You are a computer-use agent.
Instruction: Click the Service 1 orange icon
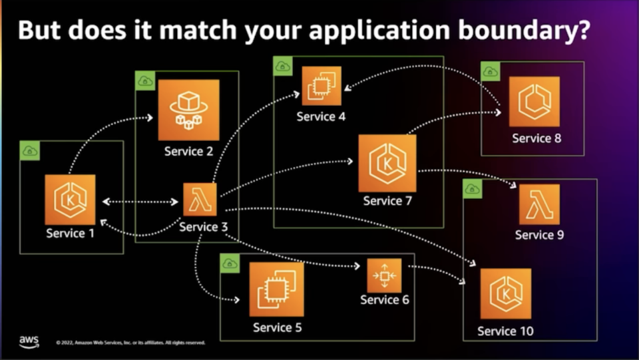click(70, 200)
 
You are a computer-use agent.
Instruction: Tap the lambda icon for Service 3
click(200, 200)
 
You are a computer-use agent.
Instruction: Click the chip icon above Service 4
click(321, 87)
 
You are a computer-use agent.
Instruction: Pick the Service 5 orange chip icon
click(276, 289)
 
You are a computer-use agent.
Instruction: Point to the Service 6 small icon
click(384, 275)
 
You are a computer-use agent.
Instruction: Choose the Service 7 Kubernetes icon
click(387, 163)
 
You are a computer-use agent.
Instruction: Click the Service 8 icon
click(534, 101)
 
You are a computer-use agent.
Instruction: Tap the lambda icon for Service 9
click(539, 204)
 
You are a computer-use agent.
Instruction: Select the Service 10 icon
click(506, 293)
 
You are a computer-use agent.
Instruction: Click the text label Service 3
click(204, 228)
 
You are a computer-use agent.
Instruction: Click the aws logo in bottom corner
click(29, 341)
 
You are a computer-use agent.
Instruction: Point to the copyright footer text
click(130, 343)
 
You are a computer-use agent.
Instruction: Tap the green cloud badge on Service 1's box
click(30, 151)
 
